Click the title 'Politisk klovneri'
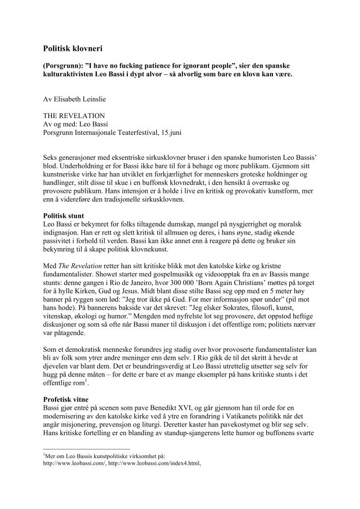(x=73, y=49)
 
